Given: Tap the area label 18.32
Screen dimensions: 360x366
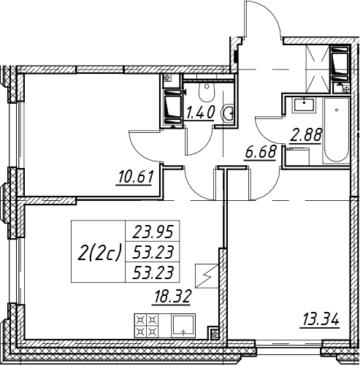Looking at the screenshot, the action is click(x=171, y=297).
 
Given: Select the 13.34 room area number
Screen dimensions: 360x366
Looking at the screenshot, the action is click(x=320, y=320).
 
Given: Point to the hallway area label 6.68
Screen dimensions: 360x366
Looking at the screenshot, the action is click(x=261, y=153).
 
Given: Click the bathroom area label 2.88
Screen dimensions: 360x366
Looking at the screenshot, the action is click(x=306, y=136).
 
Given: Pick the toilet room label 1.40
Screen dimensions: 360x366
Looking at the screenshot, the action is click(x=200, y=113).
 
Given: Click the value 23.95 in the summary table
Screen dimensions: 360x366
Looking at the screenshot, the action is click(x=153, y=232).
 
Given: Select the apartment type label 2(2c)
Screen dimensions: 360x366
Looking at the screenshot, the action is click(x=99, y=252).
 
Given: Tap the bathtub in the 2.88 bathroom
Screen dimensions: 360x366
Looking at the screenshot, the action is click(x=336, y=130).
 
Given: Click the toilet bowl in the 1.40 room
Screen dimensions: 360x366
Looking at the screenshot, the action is click(x=207, y=92).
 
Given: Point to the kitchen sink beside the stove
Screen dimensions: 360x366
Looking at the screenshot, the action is click(x=183, y=325).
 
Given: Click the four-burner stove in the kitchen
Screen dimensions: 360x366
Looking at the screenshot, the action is click(x=146, y=325).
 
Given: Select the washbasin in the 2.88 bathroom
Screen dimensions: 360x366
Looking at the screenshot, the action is click(x=305, y=104).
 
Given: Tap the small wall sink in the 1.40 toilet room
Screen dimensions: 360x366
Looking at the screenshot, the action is click(x=228, y=113).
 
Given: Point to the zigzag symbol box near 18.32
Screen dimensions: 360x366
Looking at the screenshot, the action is click(x=207, y=276).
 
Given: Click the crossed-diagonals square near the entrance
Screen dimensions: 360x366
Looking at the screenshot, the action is click(x=318, y=69).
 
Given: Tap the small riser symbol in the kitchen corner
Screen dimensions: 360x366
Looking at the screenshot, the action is click(x=215, y=333).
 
